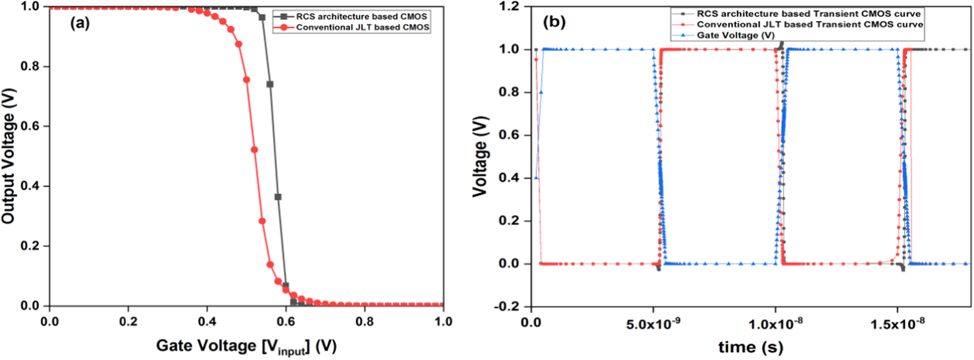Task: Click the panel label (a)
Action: [80, 23]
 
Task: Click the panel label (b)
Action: [554, 22]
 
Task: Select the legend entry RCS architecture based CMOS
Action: [361, 16]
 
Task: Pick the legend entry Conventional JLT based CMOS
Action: [362, 27]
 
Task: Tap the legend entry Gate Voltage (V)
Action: [735, 35]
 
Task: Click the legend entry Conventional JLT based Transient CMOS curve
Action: [809, 24]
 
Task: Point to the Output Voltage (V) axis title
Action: [9, 156]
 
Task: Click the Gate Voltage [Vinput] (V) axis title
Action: [246, 346]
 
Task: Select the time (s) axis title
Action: [750, 347]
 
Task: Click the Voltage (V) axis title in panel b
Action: [480, 156]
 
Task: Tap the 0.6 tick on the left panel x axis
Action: [286, 322]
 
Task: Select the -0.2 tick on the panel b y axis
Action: [506, 306]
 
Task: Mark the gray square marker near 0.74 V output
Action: [270, 84]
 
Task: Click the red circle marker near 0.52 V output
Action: [254, 150]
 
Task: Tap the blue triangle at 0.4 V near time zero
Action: [536, 178]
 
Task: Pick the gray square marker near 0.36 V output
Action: [278, 197]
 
